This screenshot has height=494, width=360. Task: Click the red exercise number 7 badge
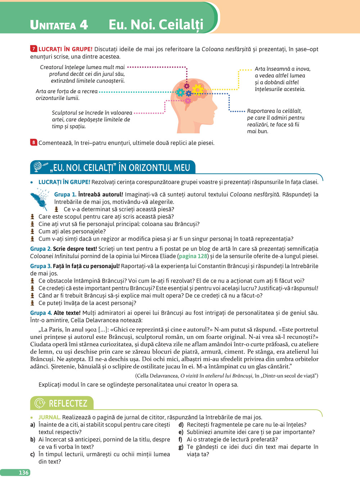[x=33, y=49]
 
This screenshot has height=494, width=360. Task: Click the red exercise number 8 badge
[x=33, y=142]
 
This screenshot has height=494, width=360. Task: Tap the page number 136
[x=23, y=472]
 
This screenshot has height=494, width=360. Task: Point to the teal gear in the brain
[x=180, y=92]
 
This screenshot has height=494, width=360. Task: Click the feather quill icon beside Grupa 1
[x=39, y=200]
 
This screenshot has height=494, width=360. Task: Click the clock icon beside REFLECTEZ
[x=40, y=403]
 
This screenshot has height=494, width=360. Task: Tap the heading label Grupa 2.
[x=41, y=249]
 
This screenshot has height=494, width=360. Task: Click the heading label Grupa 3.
[x=41, y=266]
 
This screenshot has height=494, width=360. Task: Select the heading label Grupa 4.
[x=41, y=313]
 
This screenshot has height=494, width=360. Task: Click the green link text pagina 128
[x=193, y=256]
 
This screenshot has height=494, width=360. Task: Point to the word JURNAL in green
[x=49, y=417]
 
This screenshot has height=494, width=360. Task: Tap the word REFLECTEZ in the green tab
[x=68, y=403]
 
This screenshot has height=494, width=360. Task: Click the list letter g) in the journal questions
[x=181, y=447]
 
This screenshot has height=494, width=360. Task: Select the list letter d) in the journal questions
[x=181, y=425]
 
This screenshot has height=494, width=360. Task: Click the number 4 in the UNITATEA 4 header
[x=84, y=24]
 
